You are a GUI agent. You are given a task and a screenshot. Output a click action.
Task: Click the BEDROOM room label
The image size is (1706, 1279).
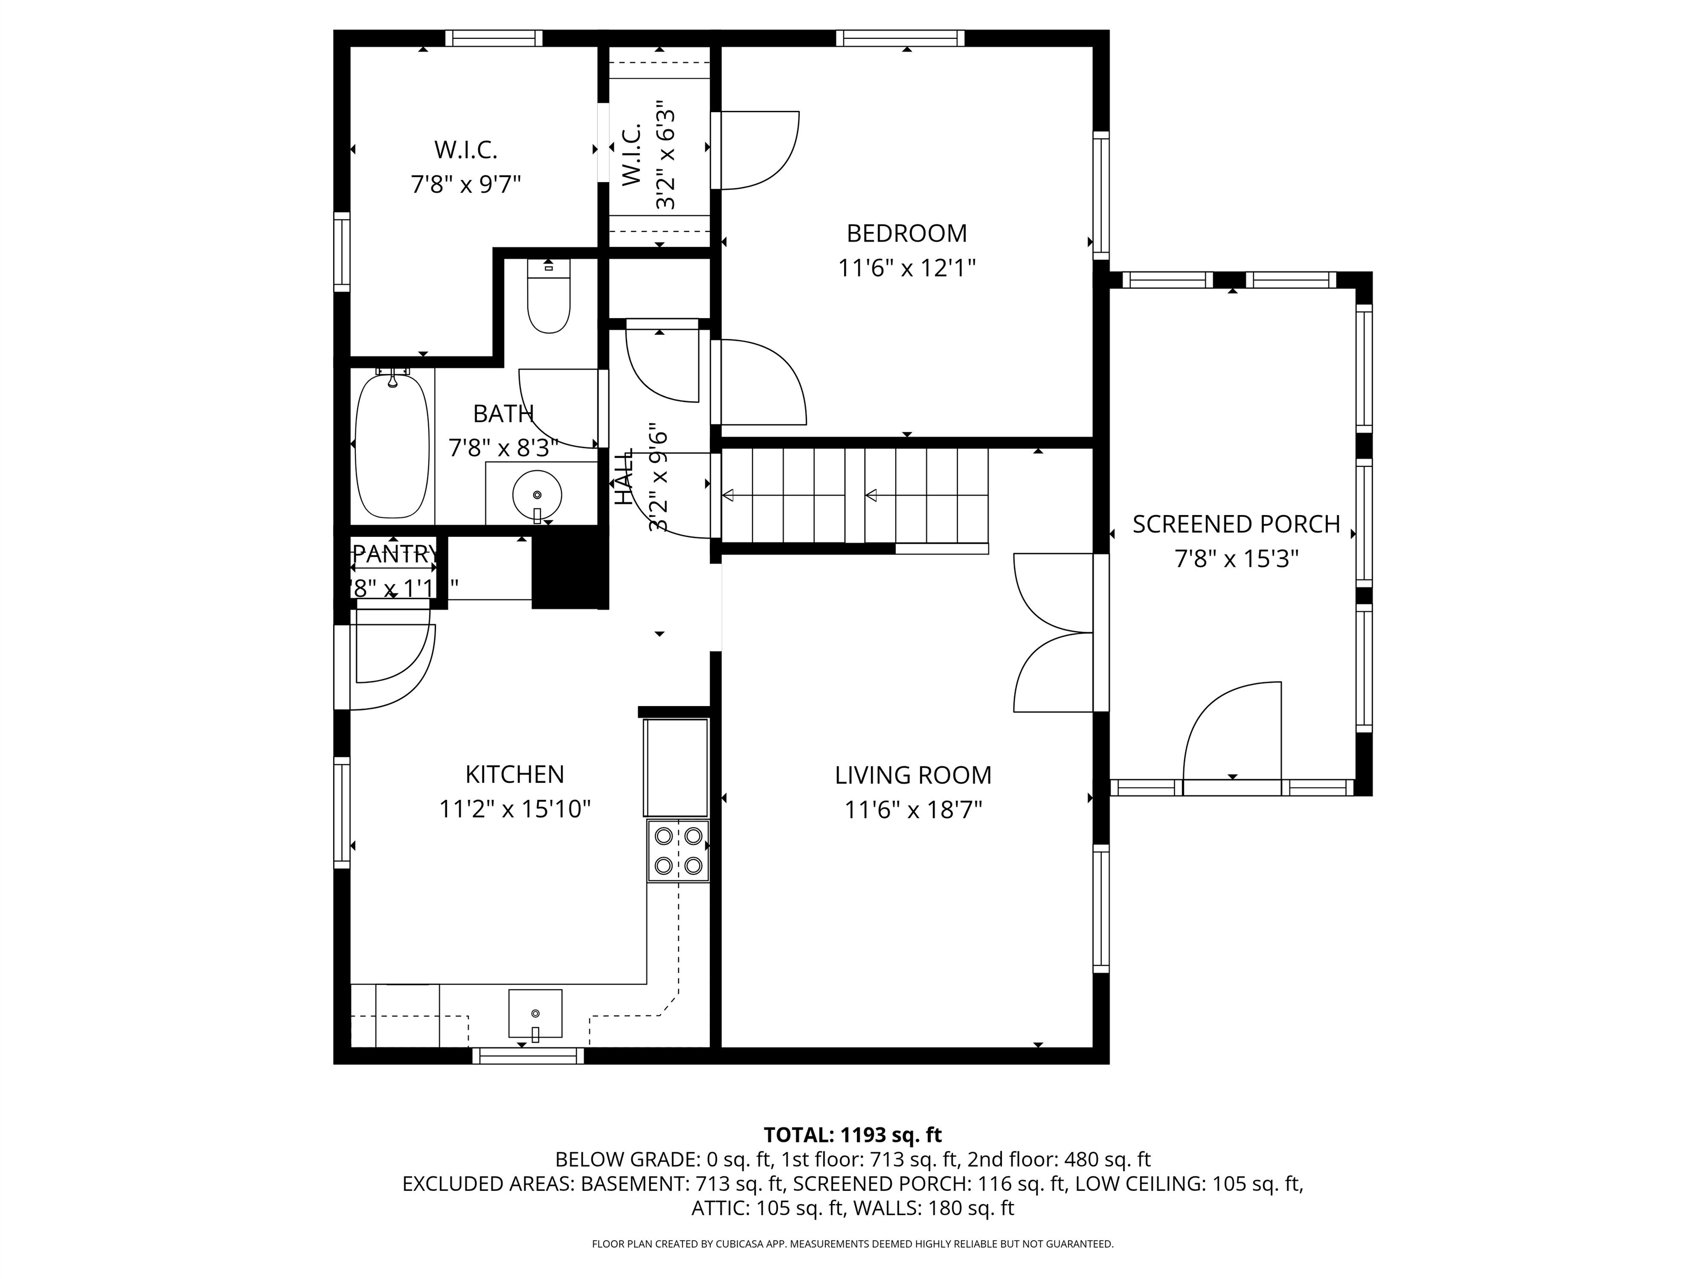(906, 233)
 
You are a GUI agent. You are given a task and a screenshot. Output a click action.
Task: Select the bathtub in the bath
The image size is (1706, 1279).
(392, 446)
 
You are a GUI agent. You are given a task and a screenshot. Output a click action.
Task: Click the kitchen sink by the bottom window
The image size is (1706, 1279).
(535, 1014)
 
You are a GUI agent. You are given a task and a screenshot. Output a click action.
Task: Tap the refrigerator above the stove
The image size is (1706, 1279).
(676, 767)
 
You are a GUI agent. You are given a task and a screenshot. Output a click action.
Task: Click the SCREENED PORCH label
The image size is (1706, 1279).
(1236, 524)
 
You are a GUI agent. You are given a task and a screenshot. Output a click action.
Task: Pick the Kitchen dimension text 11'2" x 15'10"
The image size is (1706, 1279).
(514, 809)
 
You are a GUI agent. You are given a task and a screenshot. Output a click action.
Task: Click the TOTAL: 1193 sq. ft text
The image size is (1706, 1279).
(852, 1135)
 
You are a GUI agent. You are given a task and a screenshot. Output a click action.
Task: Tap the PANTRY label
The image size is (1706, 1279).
(394, 553)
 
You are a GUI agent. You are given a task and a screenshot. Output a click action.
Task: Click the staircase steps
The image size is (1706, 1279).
(855, 496)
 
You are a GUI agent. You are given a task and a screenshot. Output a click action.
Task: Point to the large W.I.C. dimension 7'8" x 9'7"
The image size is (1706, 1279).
(466, 185)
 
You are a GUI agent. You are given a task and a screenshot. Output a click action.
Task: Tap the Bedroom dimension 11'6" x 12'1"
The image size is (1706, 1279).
(906, 268)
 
